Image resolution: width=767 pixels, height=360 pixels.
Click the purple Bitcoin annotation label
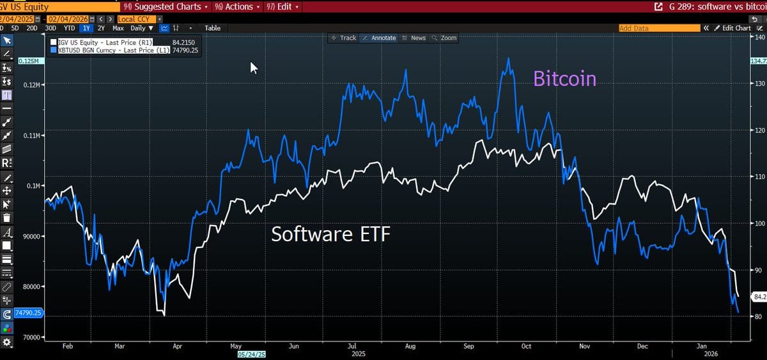point(564,79)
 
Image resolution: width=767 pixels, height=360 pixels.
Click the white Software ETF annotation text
point(330,234)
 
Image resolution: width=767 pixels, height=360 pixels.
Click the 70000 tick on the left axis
point(31,337)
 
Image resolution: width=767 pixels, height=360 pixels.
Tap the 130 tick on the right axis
point(759,84)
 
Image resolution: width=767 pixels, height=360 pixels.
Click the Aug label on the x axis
point(410,346)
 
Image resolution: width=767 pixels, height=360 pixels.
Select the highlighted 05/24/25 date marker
point(252,354)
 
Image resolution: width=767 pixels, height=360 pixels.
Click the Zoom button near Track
point(445,38)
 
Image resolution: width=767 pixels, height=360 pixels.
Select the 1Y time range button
point(86,28)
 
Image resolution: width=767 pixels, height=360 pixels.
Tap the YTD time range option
point(70,28)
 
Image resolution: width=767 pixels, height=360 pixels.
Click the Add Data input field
point(658,28)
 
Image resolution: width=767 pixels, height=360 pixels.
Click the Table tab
point(212,28)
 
